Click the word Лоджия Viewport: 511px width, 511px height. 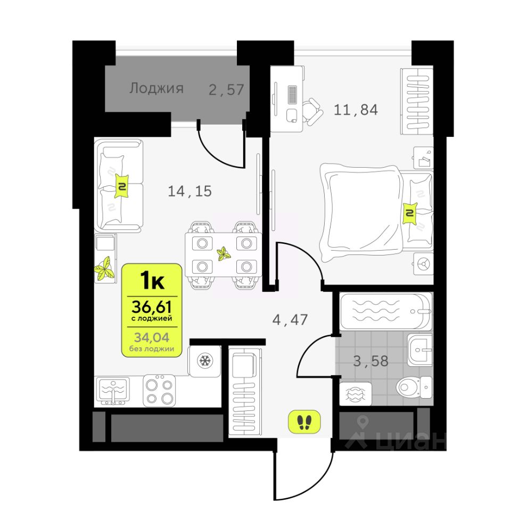tap(156, 88)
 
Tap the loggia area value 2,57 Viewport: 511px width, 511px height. tap(227, 89)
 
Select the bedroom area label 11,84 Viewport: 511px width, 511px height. tap(356, 110)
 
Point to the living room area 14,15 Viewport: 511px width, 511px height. tap(190, 191)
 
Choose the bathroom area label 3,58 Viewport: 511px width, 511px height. tap(371, 361)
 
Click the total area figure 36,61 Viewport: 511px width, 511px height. tap(152, 307)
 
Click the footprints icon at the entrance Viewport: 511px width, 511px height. tap(304, 422)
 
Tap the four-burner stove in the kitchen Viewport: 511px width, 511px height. tap(159, 391)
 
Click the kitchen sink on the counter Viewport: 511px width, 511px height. tap(113, 391)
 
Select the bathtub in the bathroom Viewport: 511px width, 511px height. tap(386, 310)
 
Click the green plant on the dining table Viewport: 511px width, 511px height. tap(224, 254)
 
